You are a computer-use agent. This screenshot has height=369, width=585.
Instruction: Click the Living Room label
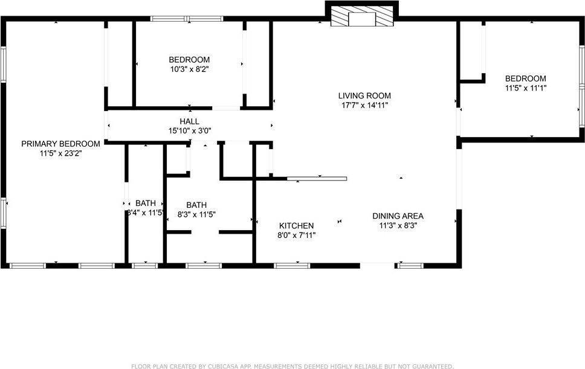pyautogui.click(x=364, y=95)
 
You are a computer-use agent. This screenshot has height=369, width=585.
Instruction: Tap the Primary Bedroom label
pyautogui.click(x=60, y=144)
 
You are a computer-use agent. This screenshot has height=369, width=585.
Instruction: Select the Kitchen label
pyautogui.click(x=296, y=226)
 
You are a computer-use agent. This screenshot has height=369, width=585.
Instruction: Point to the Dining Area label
pyautogui.click(x=398, y=216)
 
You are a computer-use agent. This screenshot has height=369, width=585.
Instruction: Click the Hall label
pyautogui.click(x=189, y=121)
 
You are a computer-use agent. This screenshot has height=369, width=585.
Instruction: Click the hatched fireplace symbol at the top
pyautogui.click(x=362, y=18)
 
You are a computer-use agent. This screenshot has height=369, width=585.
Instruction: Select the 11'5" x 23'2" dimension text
pyautogui.click(x=60, y=153)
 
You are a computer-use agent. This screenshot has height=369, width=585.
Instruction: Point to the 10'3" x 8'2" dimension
pyautogui.click(x=189, y=69)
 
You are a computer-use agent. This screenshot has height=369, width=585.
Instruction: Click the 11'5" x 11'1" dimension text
pyautogui.click(x=526, y=88)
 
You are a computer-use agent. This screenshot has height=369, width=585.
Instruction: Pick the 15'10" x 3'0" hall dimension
pyautogui.click(x=189, y=130)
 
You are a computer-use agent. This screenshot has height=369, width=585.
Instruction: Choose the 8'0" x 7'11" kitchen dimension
pyautogui.click(x=296, y=236)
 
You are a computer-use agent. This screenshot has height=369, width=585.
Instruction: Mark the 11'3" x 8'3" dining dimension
pyautogui.click(x=398, y=226)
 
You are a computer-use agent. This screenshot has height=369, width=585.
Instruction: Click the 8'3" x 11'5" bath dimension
pyautogui.click(x=196, y=214)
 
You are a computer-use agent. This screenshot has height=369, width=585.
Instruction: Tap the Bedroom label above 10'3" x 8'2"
pyautogui.click(x=189, y=60)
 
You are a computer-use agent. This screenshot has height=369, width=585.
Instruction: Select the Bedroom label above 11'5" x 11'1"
pyautogui.click(x=526, y=79)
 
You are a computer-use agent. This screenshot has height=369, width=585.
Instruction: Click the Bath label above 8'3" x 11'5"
pyautogui.click(x=196, y=205)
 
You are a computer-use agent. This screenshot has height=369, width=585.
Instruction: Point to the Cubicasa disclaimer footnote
pyautogui.click(x=292, y=366)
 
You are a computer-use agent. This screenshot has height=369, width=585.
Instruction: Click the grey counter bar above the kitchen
pyautogui.click(x=317, y=179)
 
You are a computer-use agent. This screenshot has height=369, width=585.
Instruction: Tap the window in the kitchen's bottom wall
pyautogui.click(x=292, y=265)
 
